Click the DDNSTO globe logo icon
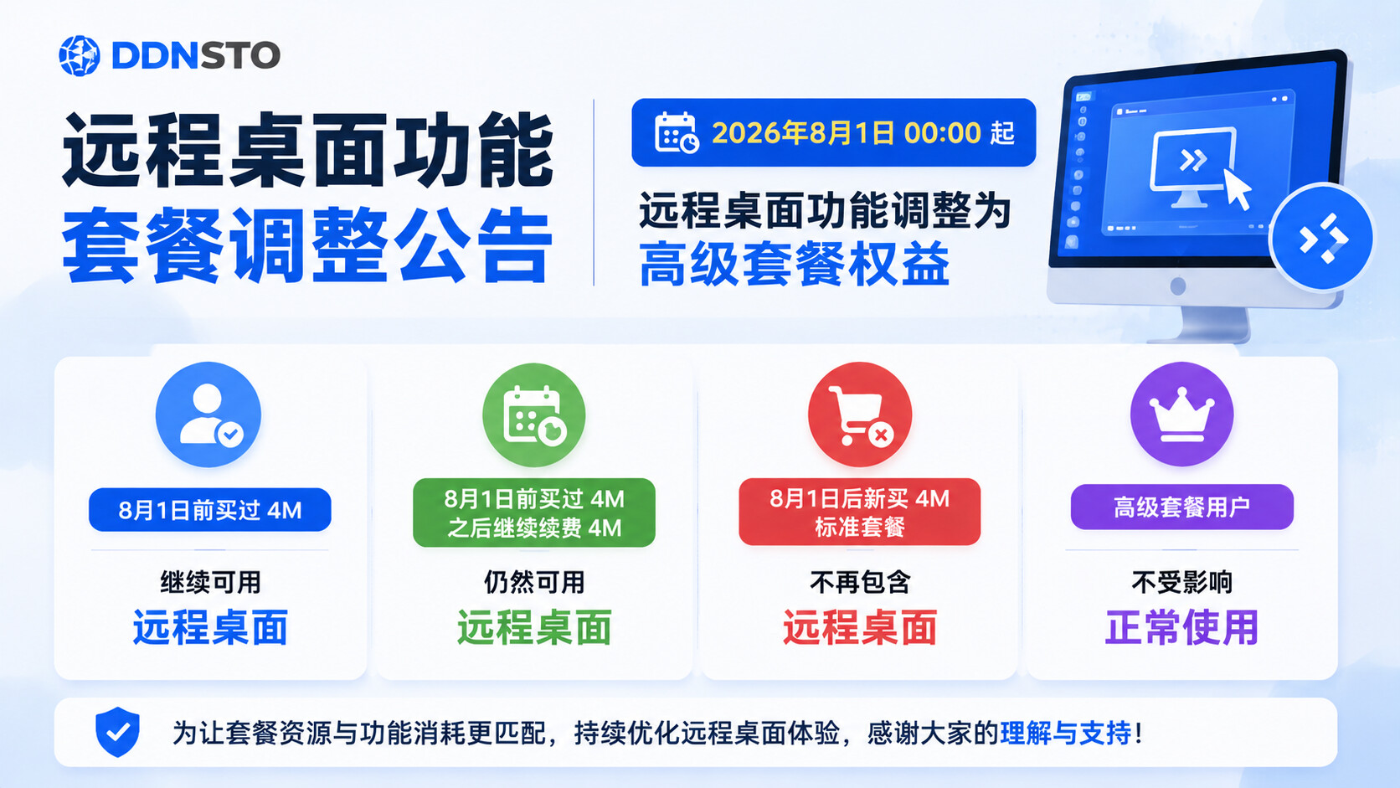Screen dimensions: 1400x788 pos(79,55)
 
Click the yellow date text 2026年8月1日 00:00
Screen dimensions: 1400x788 pos(847,133)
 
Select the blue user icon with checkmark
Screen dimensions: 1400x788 pos(208,415)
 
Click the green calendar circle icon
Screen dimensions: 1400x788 pos(533,415)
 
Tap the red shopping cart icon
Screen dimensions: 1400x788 pos(859,415)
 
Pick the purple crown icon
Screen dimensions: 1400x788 pos(1181,414)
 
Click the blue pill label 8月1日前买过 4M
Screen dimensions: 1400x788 pos(210,510)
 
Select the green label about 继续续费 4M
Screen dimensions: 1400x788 pos(534,512)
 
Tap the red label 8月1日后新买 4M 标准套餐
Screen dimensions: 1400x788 pos(859,512)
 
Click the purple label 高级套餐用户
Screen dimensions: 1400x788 pos(1181,507)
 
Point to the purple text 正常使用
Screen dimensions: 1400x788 pos(1181,627)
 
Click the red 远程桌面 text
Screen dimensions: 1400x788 pos(859,627)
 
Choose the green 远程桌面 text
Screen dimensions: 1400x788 pos(534,627)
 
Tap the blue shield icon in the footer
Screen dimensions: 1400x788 pos(117,732)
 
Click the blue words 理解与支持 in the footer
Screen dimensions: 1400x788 pos(1066,733)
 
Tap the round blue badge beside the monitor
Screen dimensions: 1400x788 pos(1322,238)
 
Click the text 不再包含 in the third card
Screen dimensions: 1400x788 pos(859,582)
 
